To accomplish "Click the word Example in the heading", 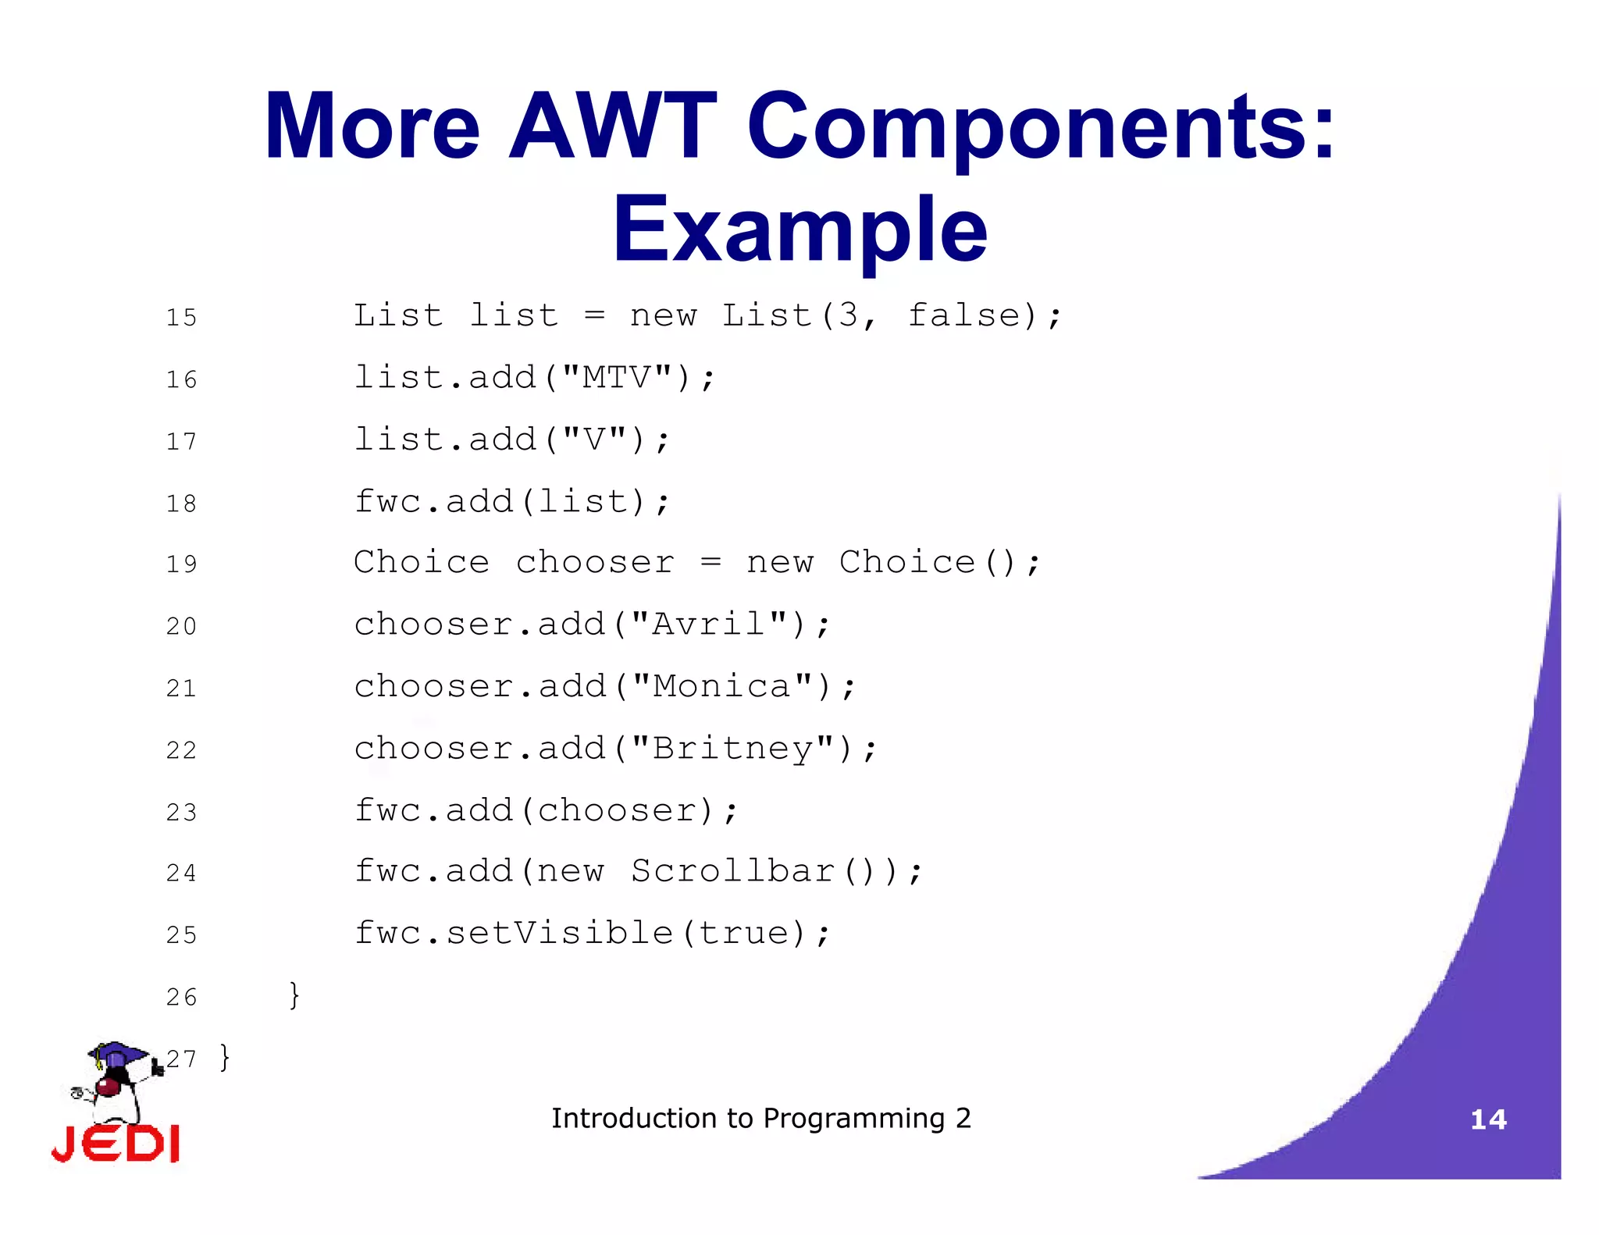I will pos(799,230).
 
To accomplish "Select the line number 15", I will pos(181,318).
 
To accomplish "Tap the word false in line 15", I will pos(964,315).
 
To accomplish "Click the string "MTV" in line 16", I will pos(617,378).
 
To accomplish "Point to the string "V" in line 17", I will pos(594,440).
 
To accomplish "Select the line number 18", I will pos(181,504).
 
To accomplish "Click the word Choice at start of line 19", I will pos(421,562).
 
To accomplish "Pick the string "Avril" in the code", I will pos(708,625).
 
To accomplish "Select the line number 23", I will pos(181,813).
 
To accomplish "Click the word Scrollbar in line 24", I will pos(733,871).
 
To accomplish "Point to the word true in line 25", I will pos(743,933).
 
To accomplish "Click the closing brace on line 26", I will pos(294,995).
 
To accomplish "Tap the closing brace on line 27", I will pos(225,1058).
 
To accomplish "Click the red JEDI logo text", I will pos(116,1144).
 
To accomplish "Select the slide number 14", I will pos(1488,1119).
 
